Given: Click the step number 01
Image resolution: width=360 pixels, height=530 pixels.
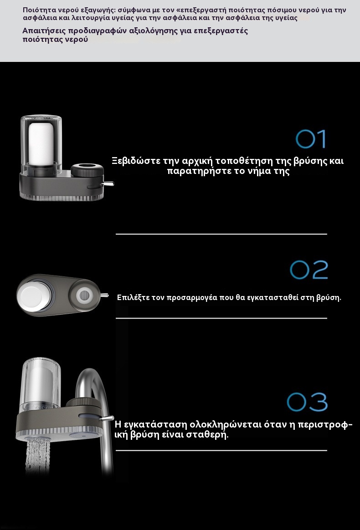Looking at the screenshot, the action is point(311,139).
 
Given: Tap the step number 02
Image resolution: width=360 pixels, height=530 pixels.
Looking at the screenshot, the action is point(309,270).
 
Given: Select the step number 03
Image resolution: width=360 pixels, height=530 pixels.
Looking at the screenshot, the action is point(308,402).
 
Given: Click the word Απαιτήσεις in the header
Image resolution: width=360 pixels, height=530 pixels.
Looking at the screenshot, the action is point(44,31).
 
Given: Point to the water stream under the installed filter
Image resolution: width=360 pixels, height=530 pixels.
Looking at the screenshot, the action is point(37,454).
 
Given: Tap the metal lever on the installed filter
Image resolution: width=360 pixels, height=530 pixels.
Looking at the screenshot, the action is point(107,418).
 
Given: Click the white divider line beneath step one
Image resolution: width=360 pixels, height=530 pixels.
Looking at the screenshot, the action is point(221,234).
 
